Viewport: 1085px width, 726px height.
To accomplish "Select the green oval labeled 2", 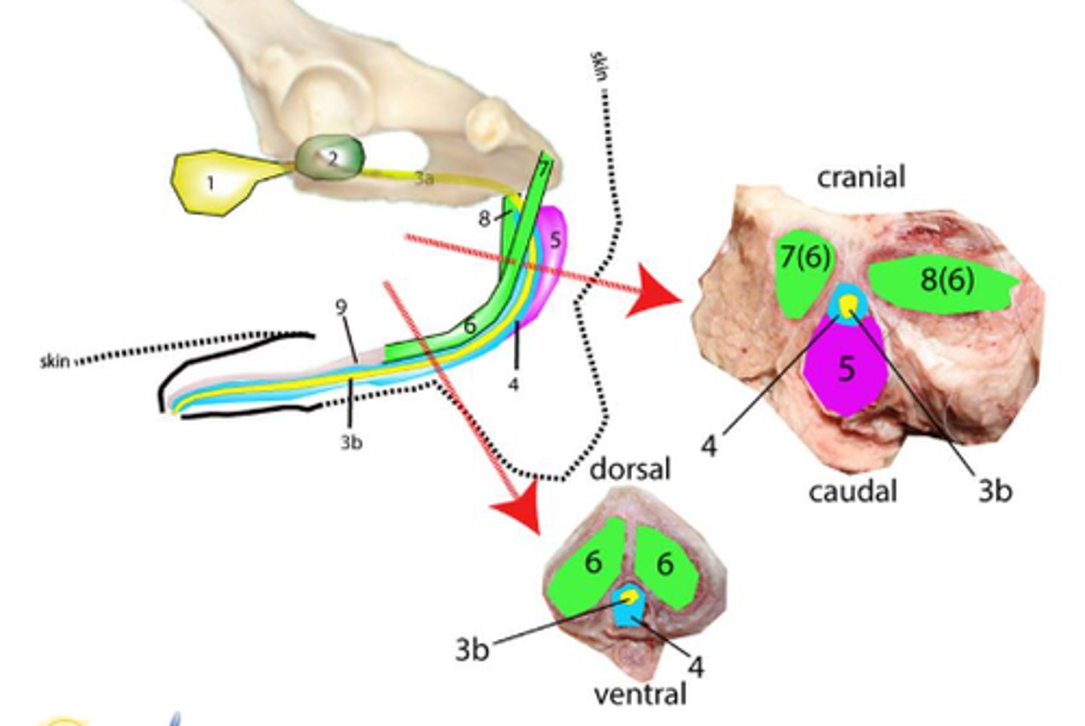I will pos(330,157).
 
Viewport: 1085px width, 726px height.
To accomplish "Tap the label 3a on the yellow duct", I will pos(424,178).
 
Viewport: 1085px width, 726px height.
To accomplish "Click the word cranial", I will pos(860,177).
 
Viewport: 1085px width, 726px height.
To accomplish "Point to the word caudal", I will pos(852,491).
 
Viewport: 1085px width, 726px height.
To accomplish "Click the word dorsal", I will pos(629,468).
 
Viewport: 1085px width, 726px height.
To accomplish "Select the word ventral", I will pos(640,694).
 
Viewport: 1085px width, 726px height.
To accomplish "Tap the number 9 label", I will pos(341,307).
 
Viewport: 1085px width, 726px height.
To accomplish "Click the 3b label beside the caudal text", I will pos(994,490).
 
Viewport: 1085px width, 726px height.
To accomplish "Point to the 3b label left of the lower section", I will pos(472,648).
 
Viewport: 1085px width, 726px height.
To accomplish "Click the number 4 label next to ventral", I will pos(696,666).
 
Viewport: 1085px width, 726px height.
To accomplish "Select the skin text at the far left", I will pos(54,361).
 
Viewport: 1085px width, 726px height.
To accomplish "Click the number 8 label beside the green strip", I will pos(484,218).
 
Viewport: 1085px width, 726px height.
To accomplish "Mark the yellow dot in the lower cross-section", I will pos(629,596).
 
